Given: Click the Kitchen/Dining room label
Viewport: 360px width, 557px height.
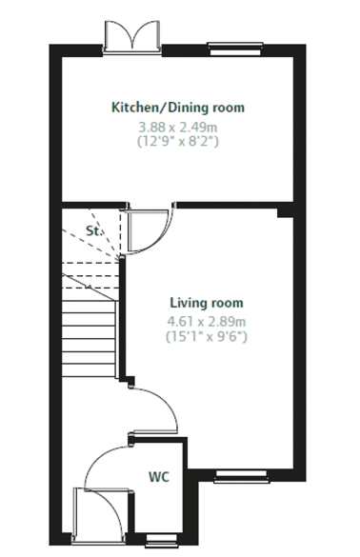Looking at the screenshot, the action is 178,108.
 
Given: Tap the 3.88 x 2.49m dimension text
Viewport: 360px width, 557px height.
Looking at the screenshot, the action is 178,127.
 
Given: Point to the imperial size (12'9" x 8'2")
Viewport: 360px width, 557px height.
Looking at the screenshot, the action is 178,141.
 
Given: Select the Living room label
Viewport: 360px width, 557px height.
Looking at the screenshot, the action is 207,303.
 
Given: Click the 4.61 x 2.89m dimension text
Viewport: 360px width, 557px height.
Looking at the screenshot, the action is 207,322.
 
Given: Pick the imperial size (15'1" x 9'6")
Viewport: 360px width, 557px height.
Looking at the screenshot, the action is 207,336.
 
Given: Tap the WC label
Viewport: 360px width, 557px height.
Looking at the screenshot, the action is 159,477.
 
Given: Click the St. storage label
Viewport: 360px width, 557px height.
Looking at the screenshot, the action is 94,231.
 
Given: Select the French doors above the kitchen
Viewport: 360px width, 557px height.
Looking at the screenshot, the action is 132,36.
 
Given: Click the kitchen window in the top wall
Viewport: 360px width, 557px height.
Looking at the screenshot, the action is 235,49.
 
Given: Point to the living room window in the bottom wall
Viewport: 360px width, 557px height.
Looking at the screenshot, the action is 242,476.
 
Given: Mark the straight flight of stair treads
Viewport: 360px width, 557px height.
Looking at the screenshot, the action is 89,337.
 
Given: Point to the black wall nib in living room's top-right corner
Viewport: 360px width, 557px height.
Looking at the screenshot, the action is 286,212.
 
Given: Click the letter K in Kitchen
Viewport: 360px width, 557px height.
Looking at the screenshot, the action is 115,107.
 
